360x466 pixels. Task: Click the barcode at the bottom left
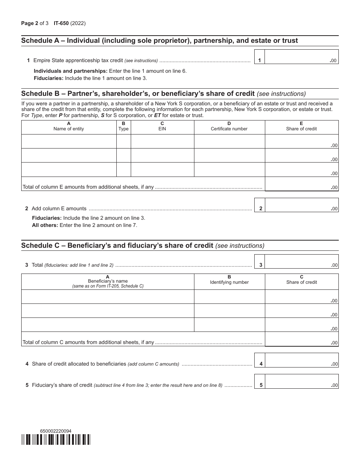pyautogui.click(x=56, y=439)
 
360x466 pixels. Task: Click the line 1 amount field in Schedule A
pyautogui.click(x=301, y=57)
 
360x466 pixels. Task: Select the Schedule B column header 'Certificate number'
pyautogui.click(x=229, y=129)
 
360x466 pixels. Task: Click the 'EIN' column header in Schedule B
pyautogui.click(x=162, y=129)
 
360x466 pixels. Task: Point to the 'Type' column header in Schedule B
pyautogui.click(x=124, y=129)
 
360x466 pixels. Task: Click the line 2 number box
pyautogui.click(x=261, y=208)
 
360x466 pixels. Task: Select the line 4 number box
pyautogui.click(x=261, y=364)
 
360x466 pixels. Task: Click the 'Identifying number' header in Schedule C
pyautogui.click(x=229, y=282)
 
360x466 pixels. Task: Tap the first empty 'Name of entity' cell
pyautogui.click(x=69, y=141)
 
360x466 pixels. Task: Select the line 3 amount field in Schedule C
pyautogui.click(x=301, y=261)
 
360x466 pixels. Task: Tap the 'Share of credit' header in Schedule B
pyautogui.click(x=301, y=129)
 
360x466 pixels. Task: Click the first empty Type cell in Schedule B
pyautogui.click(x=124, y=141)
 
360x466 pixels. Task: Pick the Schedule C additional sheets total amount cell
pyautogui.click(x=301, y=339)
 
